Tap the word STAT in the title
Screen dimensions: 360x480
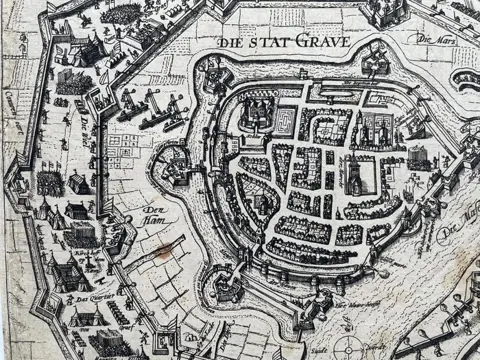[x=271, y=44]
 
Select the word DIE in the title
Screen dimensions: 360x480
[x=231, y=44]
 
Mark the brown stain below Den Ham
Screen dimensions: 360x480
[x=159, y=250]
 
